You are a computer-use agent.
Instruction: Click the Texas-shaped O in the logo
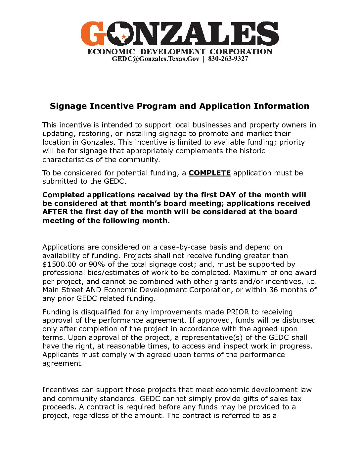tap(121, 34)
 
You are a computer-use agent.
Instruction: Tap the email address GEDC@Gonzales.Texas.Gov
tap(156, 59)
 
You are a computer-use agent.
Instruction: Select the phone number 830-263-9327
tap(228, 59)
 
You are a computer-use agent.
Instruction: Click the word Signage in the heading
tap(68, 106)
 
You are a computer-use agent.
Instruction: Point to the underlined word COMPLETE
tap(209, 173)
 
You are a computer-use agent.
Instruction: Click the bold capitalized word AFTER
tap(55, 212)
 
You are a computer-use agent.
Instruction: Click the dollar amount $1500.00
tap(59, 264)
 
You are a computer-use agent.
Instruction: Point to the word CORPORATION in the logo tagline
tap(241, 52)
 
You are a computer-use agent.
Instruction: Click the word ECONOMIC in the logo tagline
tap(111, 52)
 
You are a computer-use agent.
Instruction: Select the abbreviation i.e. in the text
tap(311, 282)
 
